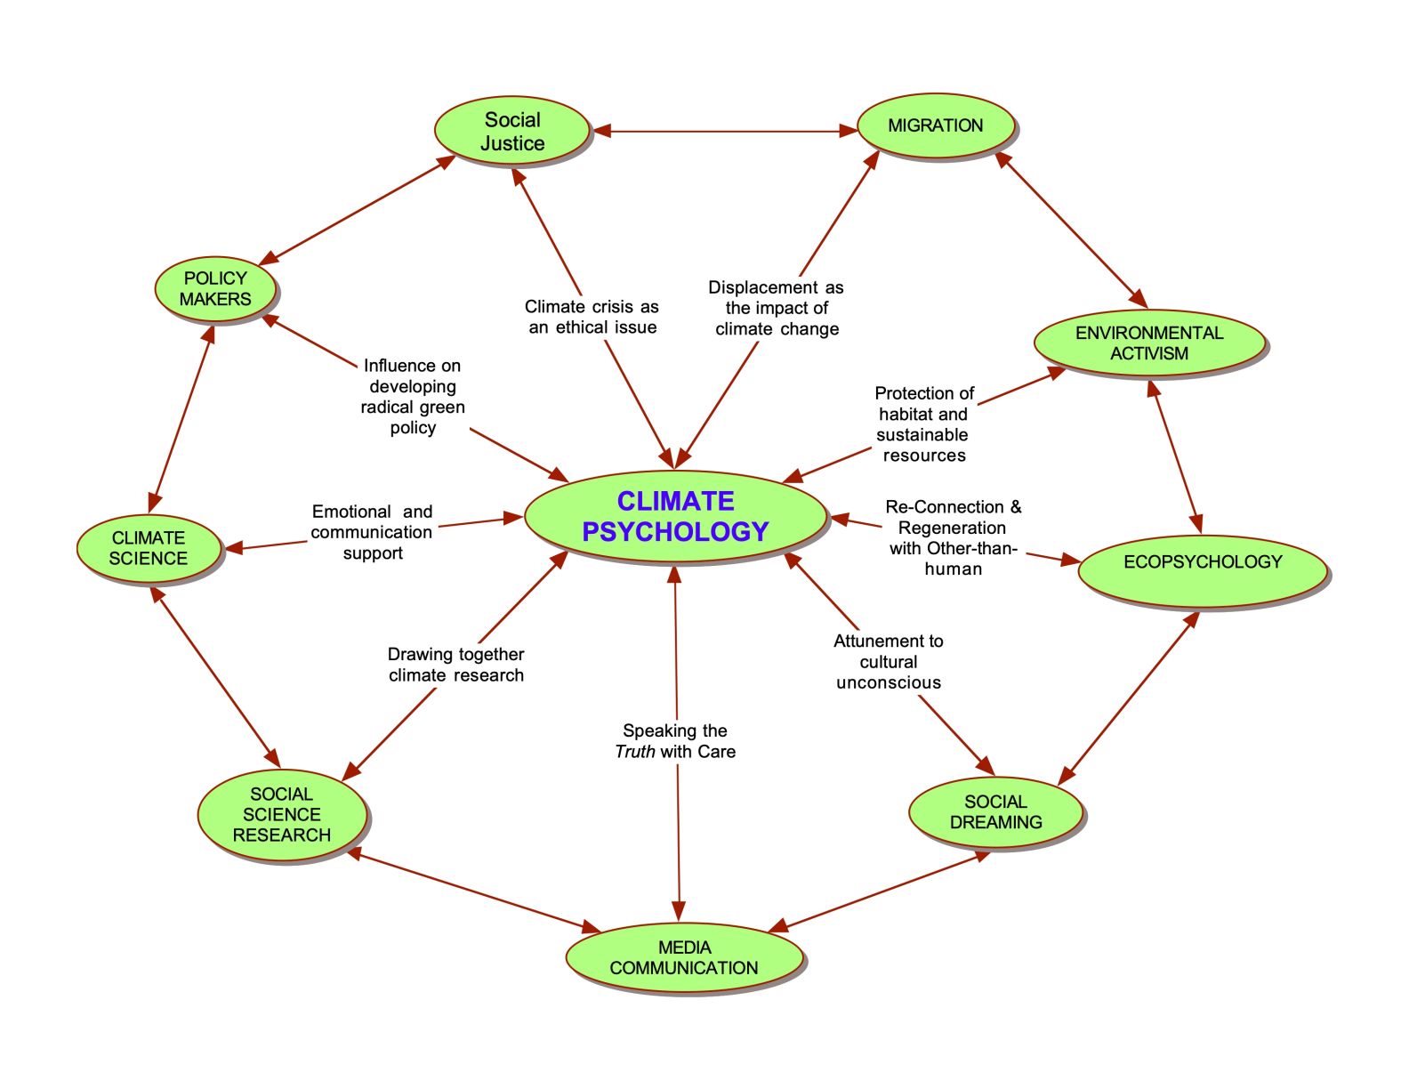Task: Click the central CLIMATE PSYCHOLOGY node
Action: [x=675, y=516]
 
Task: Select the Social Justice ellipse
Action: [x=512, y=132]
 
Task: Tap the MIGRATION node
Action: [x=935, y=125]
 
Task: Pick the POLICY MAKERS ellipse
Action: [x=215, y=288]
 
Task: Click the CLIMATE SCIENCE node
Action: [x=149, y=548]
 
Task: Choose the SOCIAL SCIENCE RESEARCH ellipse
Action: [x=282, y=814]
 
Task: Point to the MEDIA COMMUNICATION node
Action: [x=684, y=957]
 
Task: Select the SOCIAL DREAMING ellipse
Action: [x=995, y=811]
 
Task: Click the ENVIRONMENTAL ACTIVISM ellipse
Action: [x=1149, y=343]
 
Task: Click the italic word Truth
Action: [x=635, y=752]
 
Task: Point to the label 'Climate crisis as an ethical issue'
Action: [x=592, y=317]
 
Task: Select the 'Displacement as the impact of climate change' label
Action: [x=776, y=308]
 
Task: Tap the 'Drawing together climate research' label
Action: [x=455, y=665]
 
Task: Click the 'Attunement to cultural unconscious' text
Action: [x=888, y=661]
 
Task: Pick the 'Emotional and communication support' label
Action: [x=372, y=532]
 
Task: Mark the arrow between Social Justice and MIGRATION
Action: [x=725, y=132]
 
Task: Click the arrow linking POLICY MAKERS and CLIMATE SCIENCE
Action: [x=181, y=419]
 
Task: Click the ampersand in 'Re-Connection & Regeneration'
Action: [x=1016, y=507]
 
